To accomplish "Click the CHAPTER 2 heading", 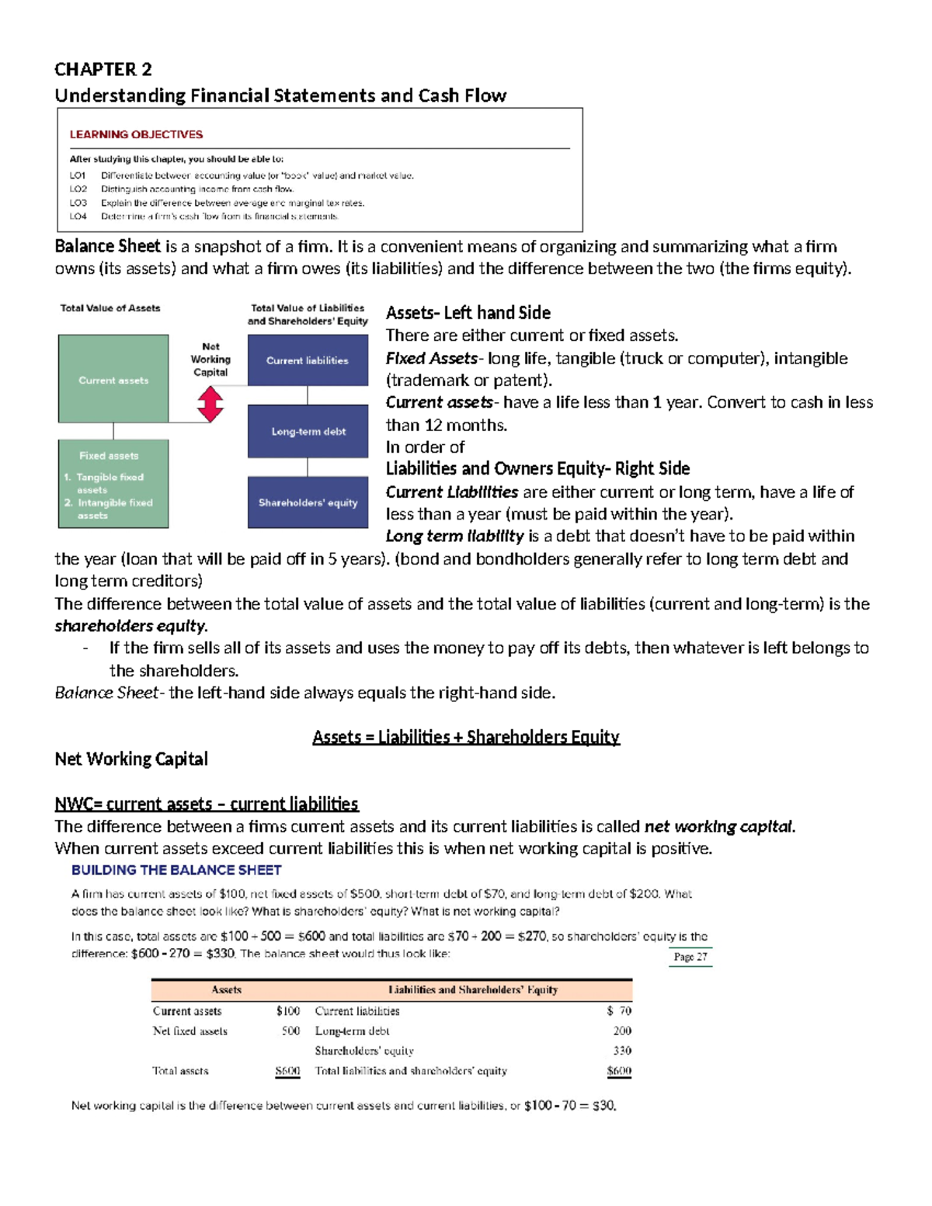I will point(103,70).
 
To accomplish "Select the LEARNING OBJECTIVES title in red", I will point(136,134).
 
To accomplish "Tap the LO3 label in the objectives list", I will point(78,203).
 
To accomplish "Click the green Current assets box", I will point(113,379).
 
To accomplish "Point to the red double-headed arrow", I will point(210,404).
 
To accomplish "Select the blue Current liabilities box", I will point(308,360).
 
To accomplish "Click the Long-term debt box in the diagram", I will point(308,431).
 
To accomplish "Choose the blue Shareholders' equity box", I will point(308,502).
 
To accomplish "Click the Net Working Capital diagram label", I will point(210,360).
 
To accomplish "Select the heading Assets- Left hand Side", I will point(468,313).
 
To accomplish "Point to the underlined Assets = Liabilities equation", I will point(466,737).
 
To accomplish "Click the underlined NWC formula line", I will point(207,804).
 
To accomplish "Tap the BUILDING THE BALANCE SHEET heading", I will point(176,871).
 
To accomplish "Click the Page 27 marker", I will point(690,957).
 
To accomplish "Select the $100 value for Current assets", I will point(288,1011).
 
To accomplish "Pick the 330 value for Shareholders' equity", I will point(622,1051).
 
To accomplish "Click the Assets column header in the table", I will point(227,990).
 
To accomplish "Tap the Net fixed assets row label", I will point(190,1031).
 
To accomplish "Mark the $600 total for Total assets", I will point(287,1071).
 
